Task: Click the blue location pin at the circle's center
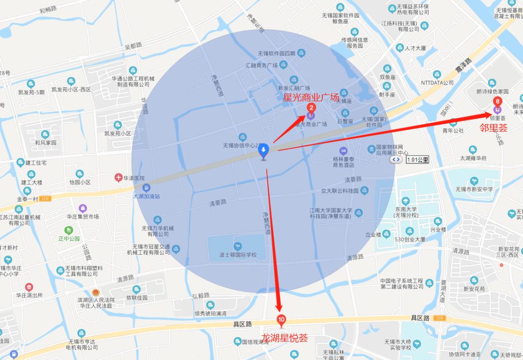263,153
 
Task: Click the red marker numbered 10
281,320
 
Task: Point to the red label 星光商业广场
311,97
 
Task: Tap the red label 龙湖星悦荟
284,338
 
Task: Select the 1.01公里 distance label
417,159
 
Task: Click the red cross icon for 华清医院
118,178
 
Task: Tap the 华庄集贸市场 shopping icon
83,208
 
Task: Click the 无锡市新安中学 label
474,189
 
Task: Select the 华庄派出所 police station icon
29,287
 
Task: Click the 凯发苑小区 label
118,133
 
